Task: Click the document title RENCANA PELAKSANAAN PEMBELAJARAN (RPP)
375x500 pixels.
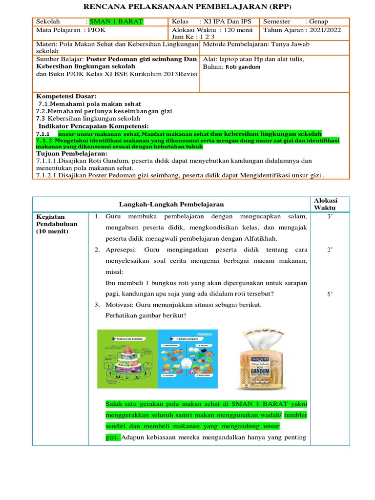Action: click(x=187, y=6)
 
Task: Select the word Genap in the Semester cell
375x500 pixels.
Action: click(x=318, y=22)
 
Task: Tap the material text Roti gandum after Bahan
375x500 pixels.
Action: click(x=243, y=67)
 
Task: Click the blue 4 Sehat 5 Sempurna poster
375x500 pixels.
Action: click(x=186, y=359)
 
